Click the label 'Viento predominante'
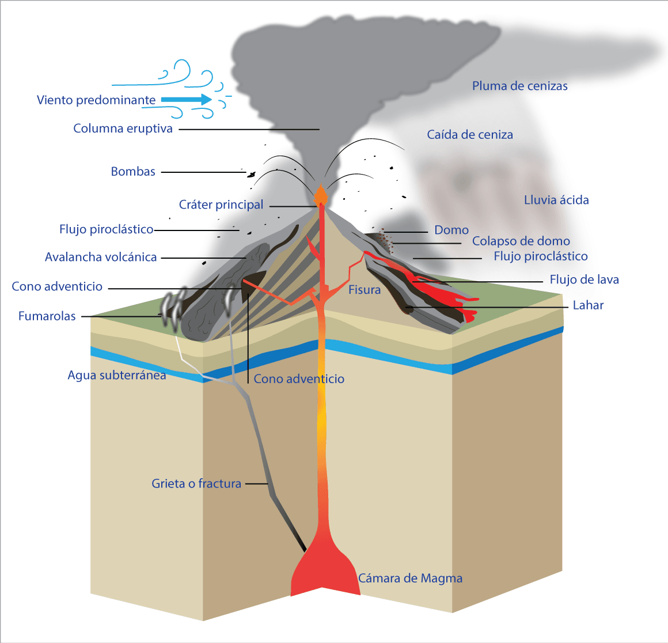pyautogui.click(x=96, y=100)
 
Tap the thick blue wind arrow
pyautogui.click(x=187, y=100)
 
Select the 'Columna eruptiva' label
pyautogui.click(x=123, y=128)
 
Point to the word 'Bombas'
pyautogui.click(x=133, y=172)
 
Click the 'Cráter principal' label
pyautogui.click(x=221, y=205)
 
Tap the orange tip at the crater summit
pyautogui.click(x=320, y=194)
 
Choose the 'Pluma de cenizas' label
pyautogui.click(x=520, y=86)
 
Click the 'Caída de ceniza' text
pyautogui.click(x=470, y=135)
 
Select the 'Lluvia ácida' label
pyautogui.click(x=556, y=201)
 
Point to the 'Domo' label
pyautogui.click(x=451, y=230)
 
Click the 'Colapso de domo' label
pyautogui.click(x=521, y=241)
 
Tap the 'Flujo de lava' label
pyautogui.click(x=584, y=280)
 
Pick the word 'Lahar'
pyautogui.click(x=588, y=305)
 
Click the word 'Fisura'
pyautogui.click(x=365, y=290)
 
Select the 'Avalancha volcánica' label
pyautogui.click(x=101, y=258)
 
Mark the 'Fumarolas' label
pyautogui.click(x=47, y=316)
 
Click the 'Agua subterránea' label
pyautogui.click(x=117, y=376)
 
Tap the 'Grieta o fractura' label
pyautogui.click(x=196, y=484)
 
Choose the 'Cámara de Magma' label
pyautogui.click(x=410, y=578)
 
